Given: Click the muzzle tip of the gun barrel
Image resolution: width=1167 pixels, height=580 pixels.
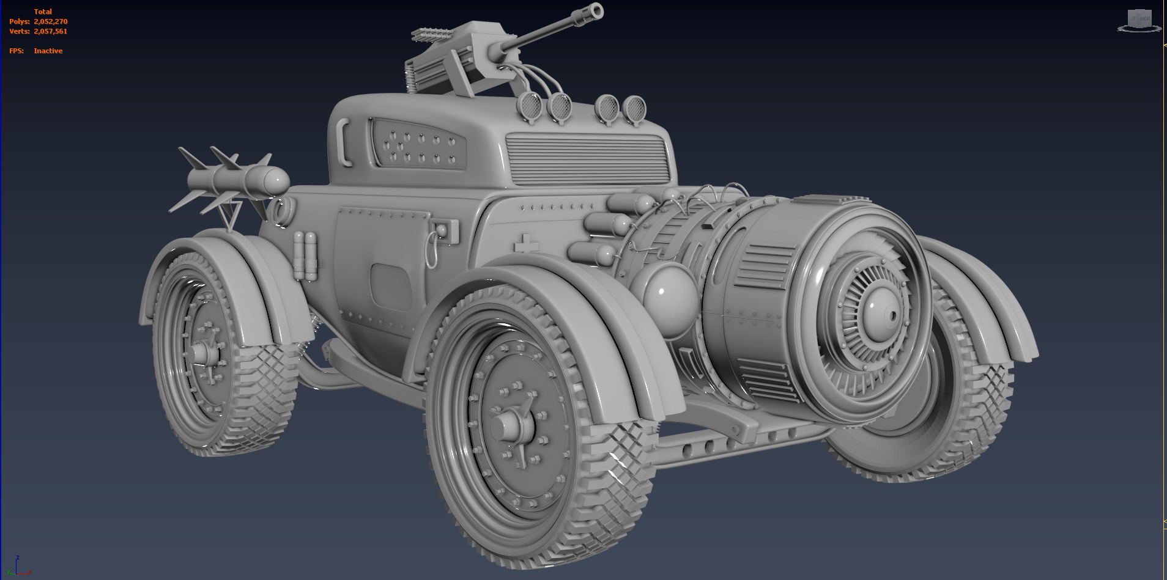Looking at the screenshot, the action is tap(594, 11).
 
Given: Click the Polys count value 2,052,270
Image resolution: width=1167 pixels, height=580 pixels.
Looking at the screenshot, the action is tap(51, 21).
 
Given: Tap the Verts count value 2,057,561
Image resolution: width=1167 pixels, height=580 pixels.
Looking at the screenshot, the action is tap(51, 31).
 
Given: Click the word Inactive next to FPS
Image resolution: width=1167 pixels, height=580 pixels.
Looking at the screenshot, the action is tap(48, 51).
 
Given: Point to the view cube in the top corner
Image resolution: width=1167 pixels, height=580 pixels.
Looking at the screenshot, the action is tap(1139, 20).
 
